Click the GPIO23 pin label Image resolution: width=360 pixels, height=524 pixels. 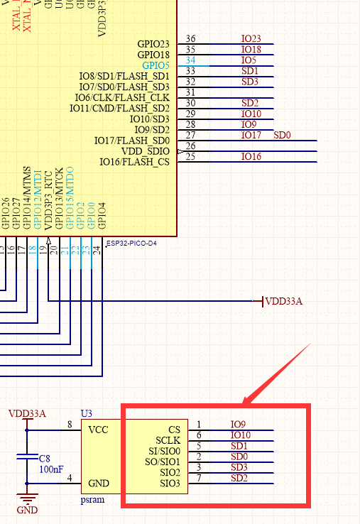click(x=153, y=44)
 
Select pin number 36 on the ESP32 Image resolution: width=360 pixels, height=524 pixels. click(x=190, y=39)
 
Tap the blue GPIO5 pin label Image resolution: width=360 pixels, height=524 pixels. click(x=156, y=65)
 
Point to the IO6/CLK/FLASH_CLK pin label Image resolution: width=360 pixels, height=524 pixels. click(x=122, y=97)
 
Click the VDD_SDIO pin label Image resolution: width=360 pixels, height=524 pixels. click(x=146, y=151)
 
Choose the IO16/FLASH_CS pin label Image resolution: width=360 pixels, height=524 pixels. click(x=134, y=161)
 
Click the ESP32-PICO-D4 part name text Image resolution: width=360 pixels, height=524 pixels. click(x=131, y=243)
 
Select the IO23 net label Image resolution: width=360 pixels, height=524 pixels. click(x=251, y=39)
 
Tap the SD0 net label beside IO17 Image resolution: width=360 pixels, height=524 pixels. click(x=282, y=135)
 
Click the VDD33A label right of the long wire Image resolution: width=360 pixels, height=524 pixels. click(x=284, y=302)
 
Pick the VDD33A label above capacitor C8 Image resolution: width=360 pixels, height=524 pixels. click(x=27, y=414)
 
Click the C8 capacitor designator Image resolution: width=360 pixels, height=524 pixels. click(x=45, y=459)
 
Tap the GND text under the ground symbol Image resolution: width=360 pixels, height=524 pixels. click(x=27, y=510)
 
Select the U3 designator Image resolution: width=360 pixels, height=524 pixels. click(x=86, y=413)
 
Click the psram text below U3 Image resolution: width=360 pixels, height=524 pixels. click(x=93, y=500)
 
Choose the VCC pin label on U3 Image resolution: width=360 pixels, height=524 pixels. click(x=98, y=430)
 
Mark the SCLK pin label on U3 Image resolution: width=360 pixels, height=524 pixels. click(x=168, y=440)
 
